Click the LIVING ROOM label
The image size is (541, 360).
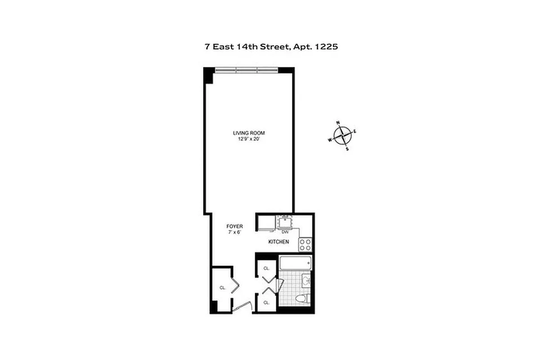click(248, 133)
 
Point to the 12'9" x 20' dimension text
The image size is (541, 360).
click(248, 139)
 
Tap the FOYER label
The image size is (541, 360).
click(234, 226)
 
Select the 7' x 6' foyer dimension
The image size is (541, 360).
click(234, 232)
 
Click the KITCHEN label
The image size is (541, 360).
click(278, 242)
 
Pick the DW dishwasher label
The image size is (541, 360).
click(284, 232)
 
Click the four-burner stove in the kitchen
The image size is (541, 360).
click(305, 244)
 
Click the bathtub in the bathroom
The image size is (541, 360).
click(295, 262)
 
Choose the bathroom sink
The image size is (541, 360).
click(306, 282)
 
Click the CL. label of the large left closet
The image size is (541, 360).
click(222, 288)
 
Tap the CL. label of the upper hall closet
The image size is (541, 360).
click(266, 268)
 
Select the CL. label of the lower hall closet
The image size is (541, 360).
click(266, 302)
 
